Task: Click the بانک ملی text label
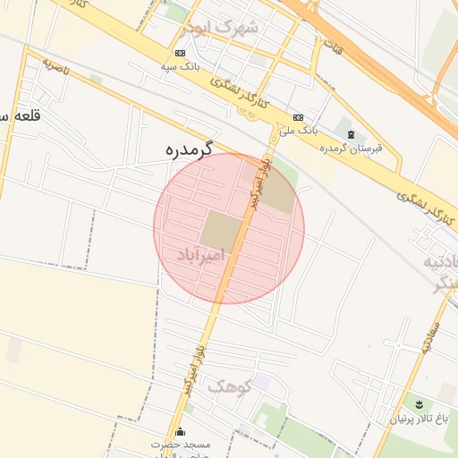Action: (298, 131)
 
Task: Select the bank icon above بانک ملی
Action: (298, 117)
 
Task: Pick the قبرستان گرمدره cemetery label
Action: (351, 148)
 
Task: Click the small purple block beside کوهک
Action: (261, 382)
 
